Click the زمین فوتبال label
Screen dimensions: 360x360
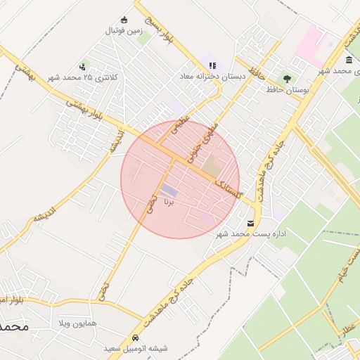point(125,31)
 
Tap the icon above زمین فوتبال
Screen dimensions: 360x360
point(125,20)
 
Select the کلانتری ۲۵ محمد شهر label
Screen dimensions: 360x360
point(83,77)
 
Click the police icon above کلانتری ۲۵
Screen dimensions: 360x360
point(83,67)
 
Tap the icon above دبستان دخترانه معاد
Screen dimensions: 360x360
point(212,65)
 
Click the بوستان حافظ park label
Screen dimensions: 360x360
point(285,89)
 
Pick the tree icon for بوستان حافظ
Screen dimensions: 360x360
point(286,79)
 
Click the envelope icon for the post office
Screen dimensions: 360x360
point(250,223)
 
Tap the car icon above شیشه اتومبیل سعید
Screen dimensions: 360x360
point(136,337)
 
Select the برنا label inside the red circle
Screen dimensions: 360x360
point(168,202)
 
